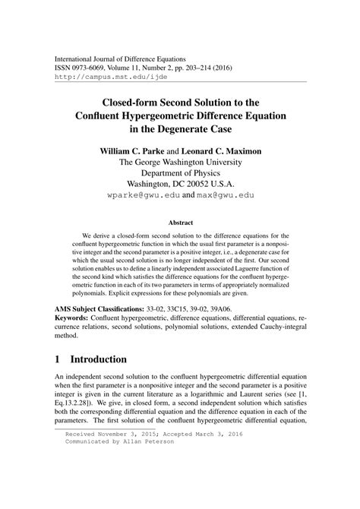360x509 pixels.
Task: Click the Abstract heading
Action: pos(180,223)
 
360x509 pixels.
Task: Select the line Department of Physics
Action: pos(180,173)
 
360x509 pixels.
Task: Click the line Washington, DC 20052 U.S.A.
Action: pos(180,184)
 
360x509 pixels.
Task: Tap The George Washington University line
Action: pos(180,162)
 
